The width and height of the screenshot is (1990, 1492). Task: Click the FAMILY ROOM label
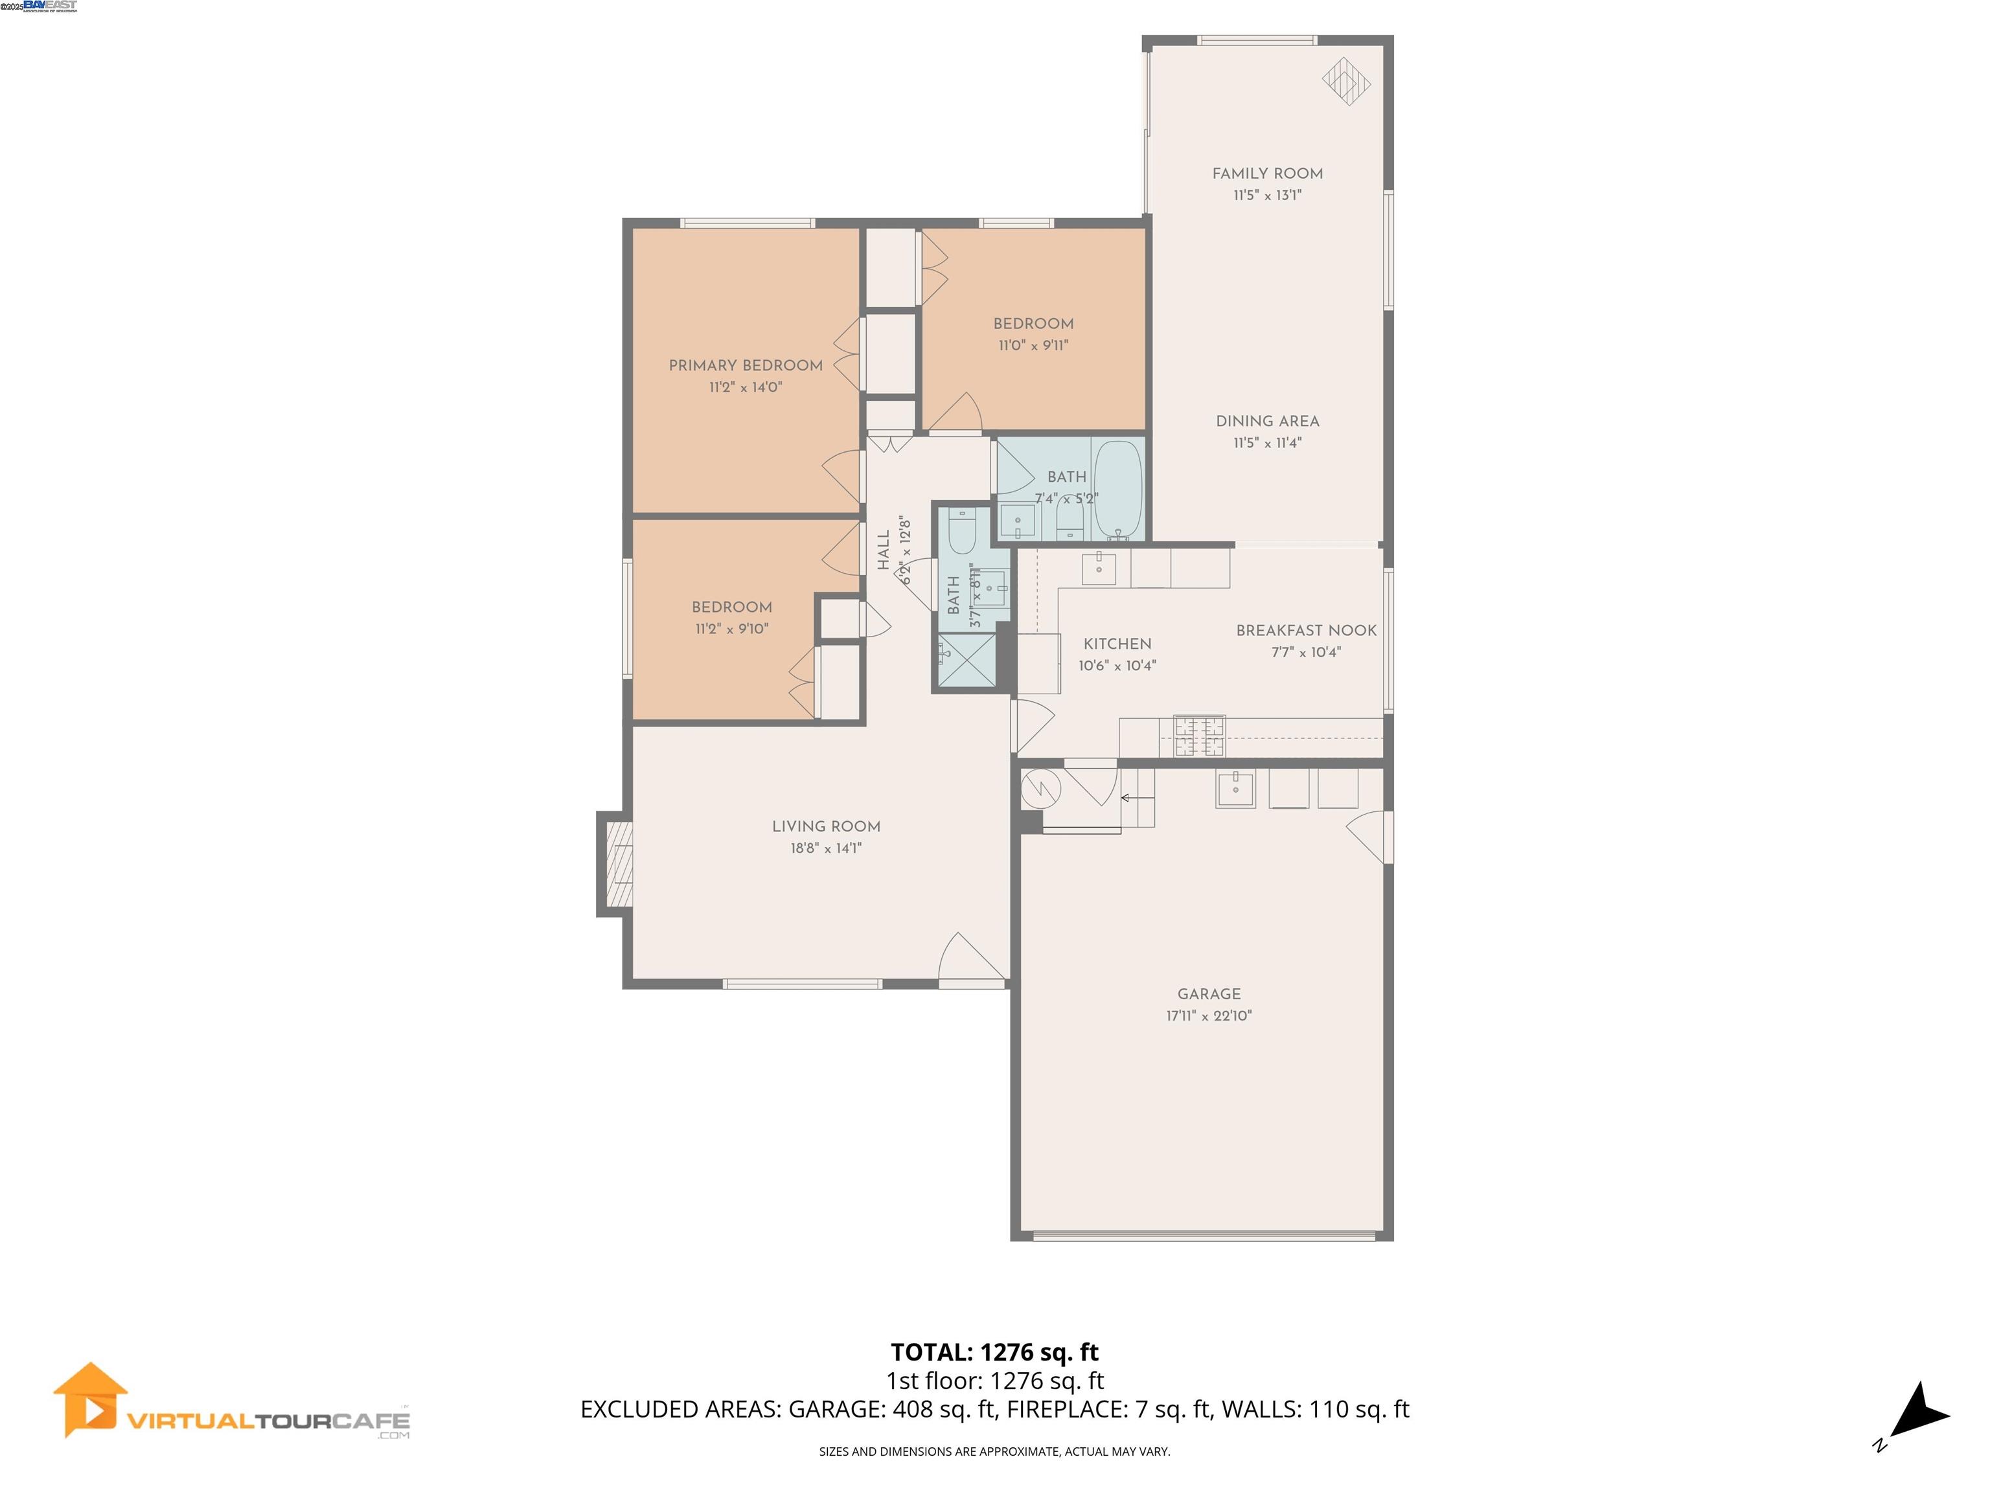pos(1266,174)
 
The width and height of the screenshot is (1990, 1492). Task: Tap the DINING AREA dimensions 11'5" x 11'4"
pos(1266,442)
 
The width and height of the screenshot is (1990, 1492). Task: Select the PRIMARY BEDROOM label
pos(745,365)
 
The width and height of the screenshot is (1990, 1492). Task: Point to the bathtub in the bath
pos(1118,490)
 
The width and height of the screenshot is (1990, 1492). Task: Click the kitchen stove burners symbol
pos(1199,736)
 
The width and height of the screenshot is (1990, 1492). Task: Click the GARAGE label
pos(1208,994)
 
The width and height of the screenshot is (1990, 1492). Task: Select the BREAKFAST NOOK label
pos(1305,631)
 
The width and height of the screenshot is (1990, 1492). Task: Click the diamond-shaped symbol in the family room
pos(1346,82)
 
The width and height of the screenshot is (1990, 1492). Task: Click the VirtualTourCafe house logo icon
pos(90,1399)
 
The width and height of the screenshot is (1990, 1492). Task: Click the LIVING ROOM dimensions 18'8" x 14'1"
pos(826,848)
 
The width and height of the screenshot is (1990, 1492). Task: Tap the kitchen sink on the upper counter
pos(1099,569)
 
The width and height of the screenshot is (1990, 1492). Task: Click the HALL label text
pos(884,550)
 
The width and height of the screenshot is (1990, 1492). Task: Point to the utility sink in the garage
pos(1235,789)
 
